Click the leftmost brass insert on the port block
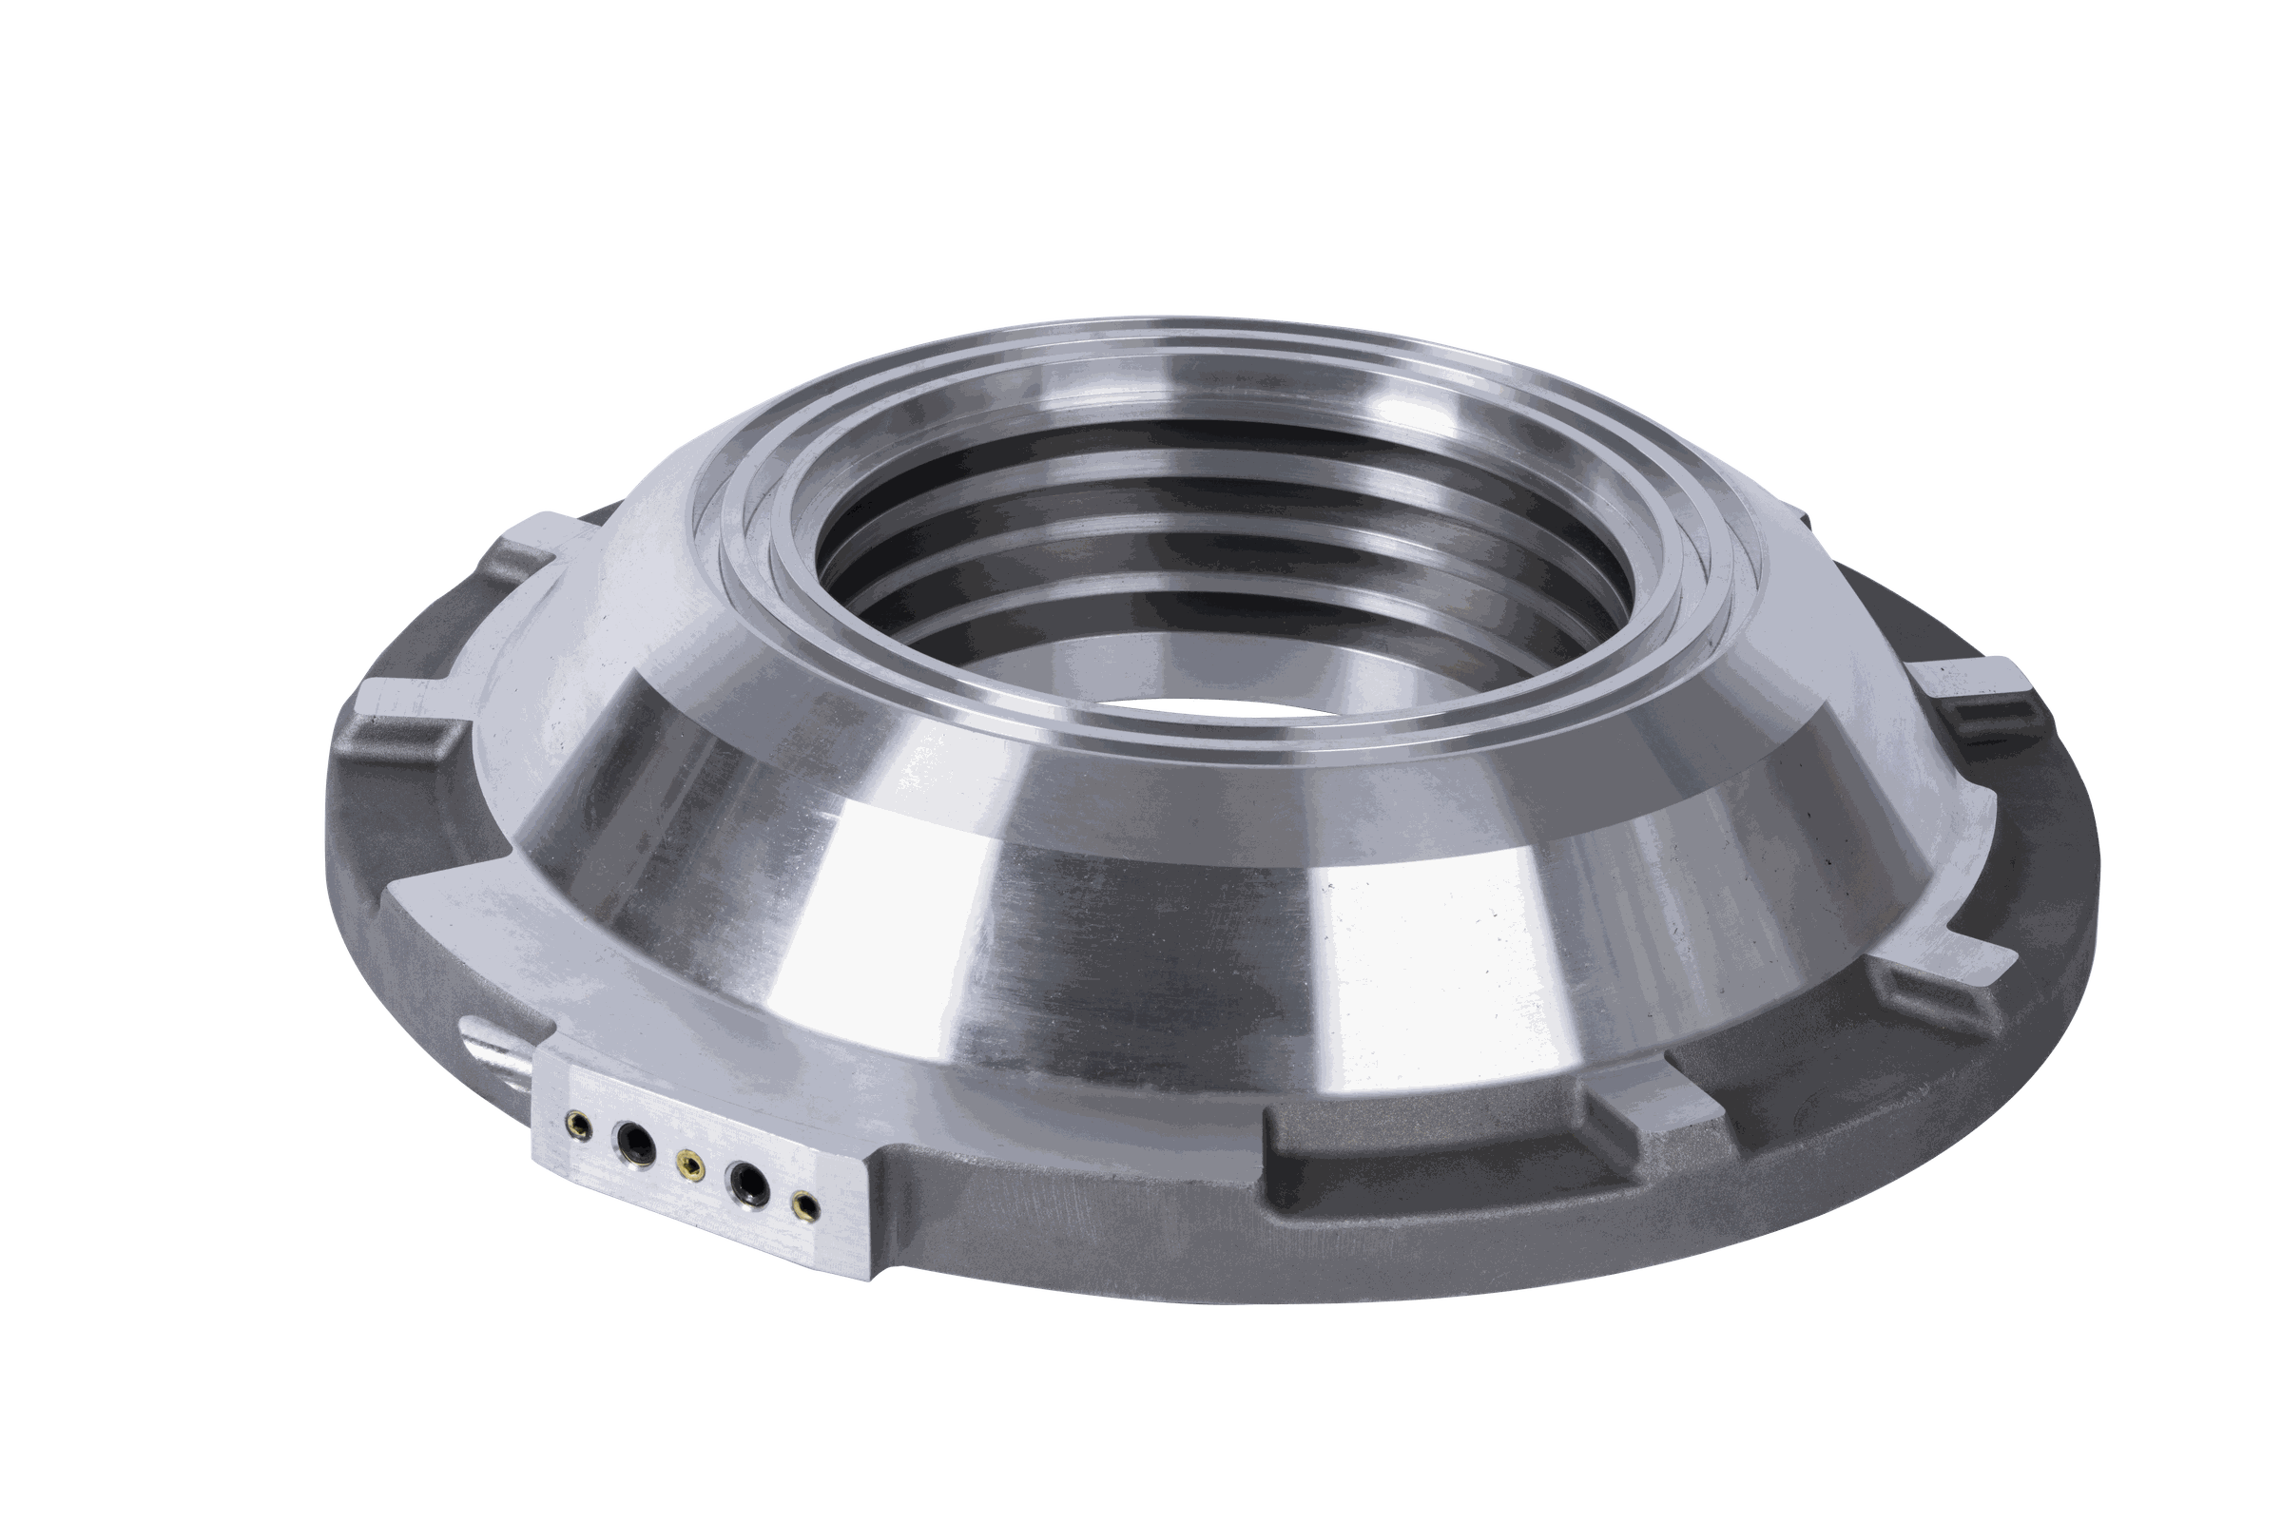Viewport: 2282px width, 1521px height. point(579,1123)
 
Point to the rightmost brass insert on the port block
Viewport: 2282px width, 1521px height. point(803,1203)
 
